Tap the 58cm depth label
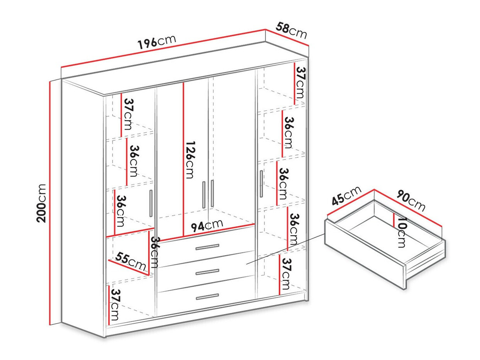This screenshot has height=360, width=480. [x=291, y=30]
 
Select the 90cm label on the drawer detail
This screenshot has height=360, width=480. [x=411, y=200]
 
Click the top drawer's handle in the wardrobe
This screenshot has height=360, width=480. [x=207, y=247]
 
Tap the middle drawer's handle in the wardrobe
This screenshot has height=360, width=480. [x=207, y=272]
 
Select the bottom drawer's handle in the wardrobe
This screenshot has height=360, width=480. [x=207, y=296]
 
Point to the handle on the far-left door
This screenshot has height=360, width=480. [x=151, y=203]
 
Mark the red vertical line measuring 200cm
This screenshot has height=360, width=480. [x=51, y=203]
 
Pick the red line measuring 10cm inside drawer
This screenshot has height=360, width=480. [x=393, y=221]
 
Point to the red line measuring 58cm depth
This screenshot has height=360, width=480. [x=287, y=37]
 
